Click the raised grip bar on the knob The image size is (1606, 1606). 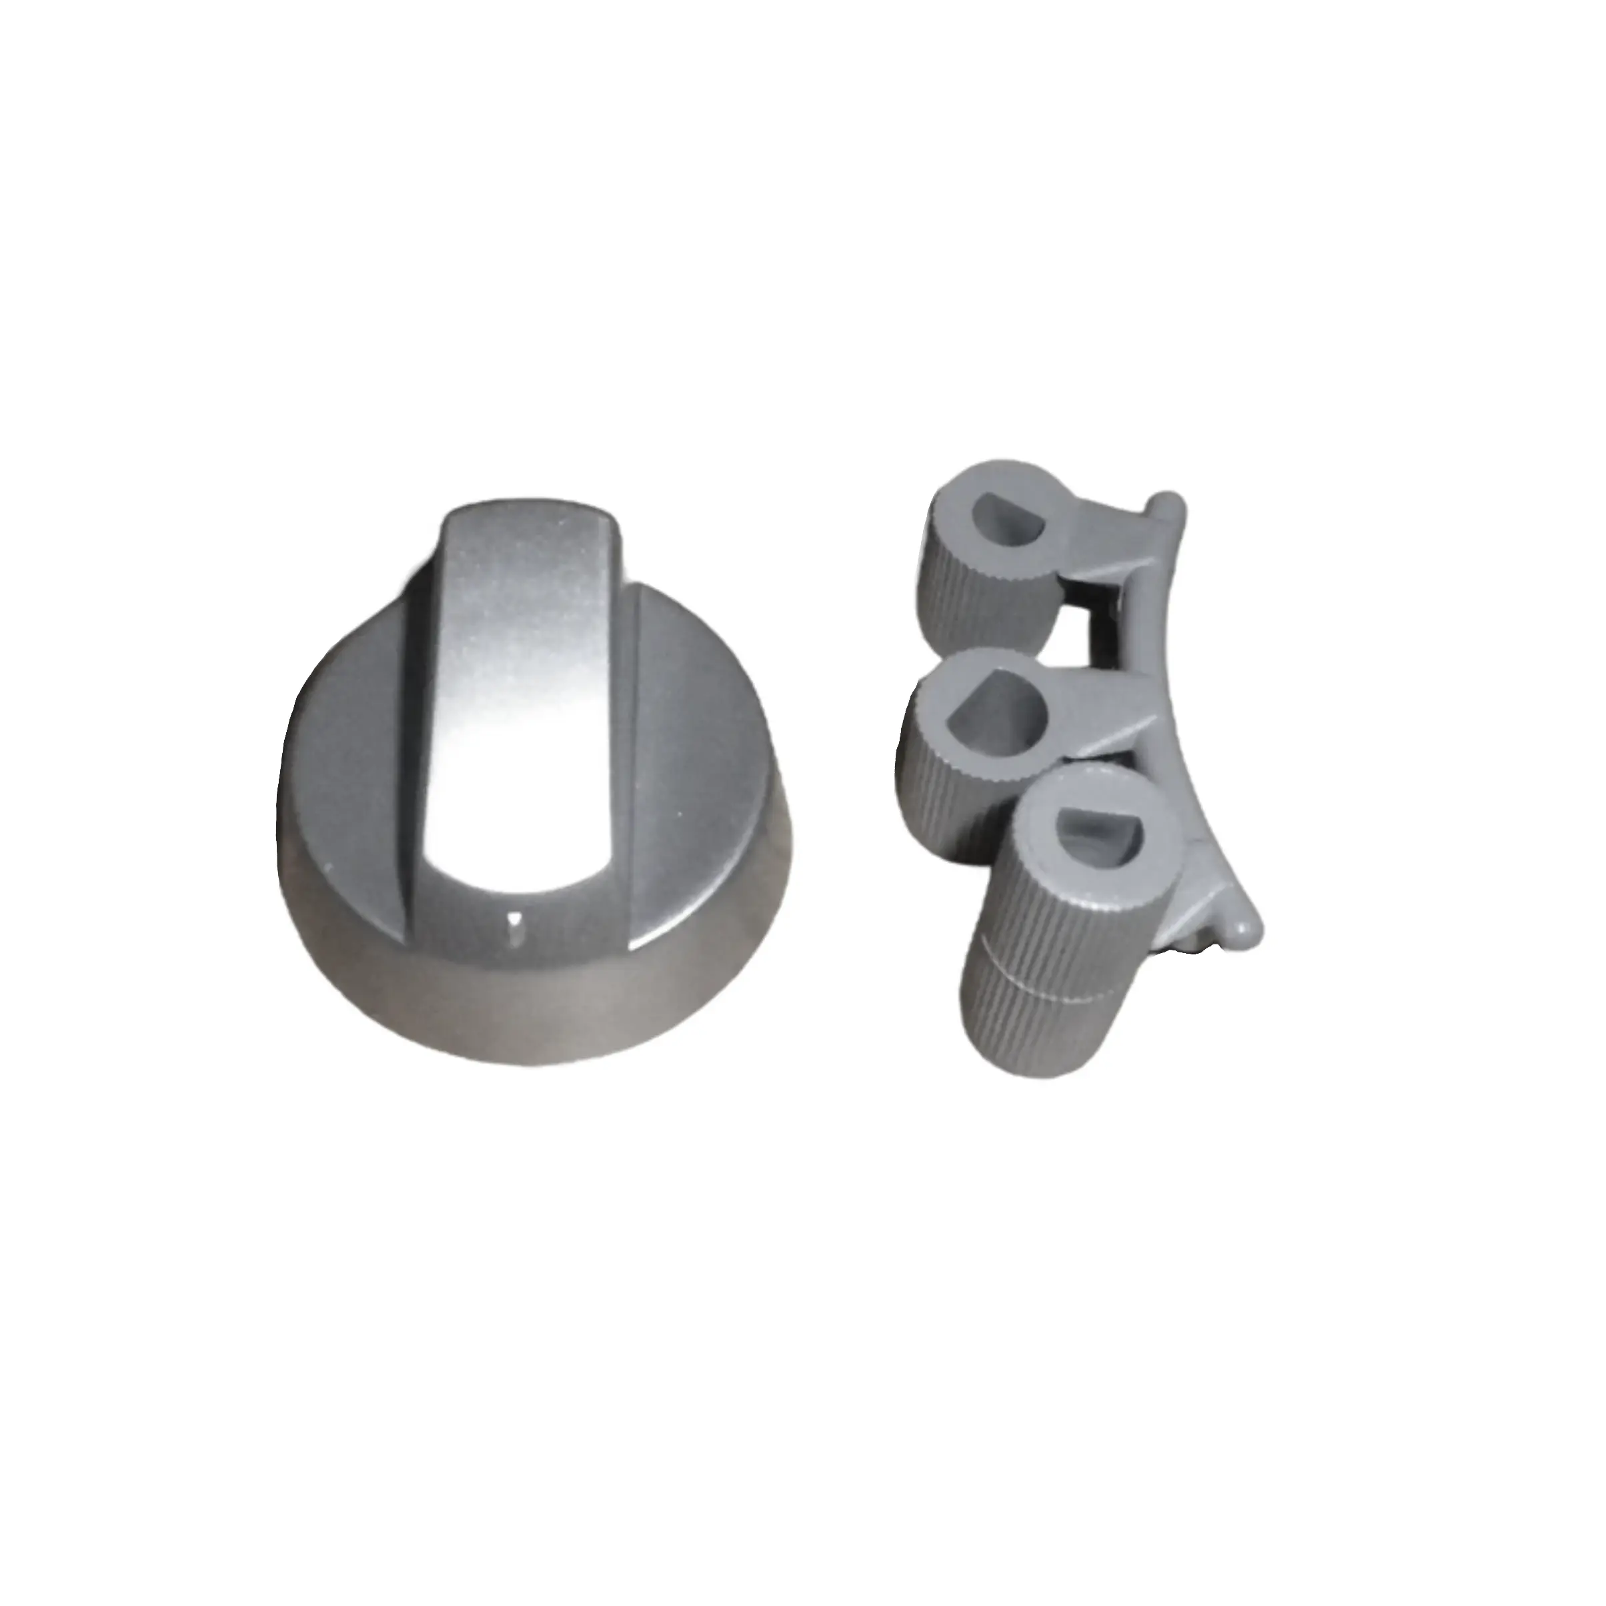tap(520, 665)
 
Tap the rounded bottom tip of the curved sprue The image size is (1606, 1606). tap(1245, 929)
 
